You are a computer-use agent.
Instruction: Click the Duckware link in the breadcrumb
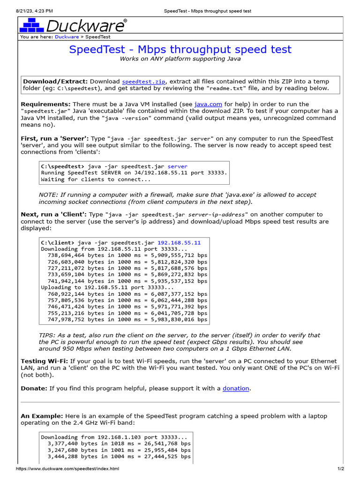click(67, 37)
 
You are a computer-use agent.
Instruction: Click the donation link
click(236, 388)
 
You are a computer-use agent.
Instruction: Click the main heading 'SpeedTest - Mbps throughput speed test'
click(180, 50)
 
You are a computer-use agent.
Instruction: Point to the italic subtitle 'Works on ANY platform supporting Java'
click(180, 59)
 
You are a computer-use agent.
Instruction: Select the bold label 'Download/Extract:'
click(55, 81)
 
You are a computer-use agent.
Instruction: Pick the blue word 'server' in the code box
click(177, 166)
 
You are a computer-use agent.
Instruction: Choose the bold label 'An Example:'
click(41, 416)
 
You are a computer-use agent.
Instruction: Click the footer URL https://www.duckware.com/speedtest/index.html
click(67, 469)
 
